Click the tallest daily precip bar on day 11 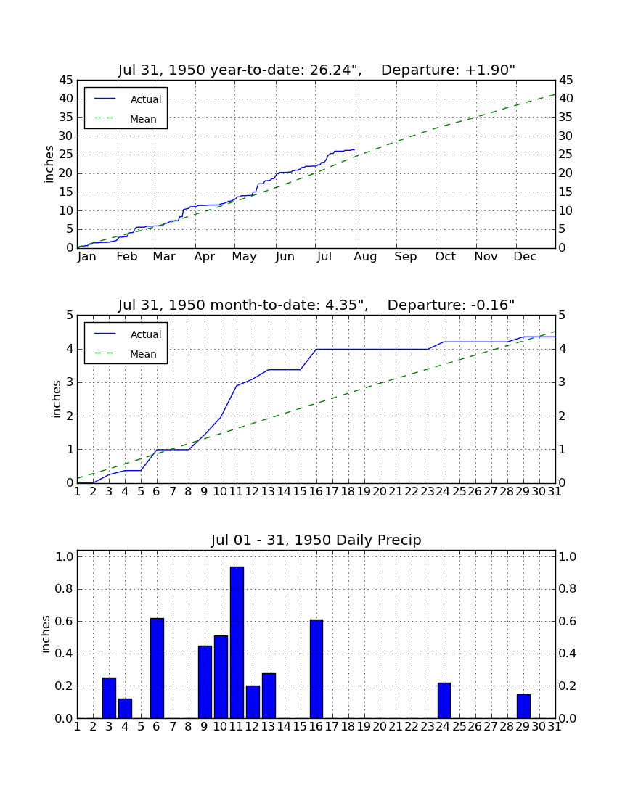click(x=237, y=642)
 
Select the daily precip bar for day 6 click(x=157, y=668)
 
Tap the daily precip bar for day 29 click(x=523, y=707)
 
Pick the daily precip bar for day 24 click(x=444, y=701)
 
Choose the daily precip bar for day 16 click(x=316, y=670)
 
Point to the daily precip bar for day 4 click(x=126, y=709)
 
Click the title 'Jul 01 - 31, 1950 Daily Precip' click(x=316, y=540)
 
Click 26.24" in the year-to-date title click(x=331, y=70)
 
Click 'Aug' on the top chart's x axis click(x=365, y=257)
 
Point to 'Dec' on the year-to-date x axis click(x=525, y=257)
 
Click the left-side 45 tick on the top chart click(x=66, y=81)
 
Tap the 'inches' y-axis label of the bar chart click(x=46, y=634)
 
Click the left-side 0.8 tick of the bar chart click(x=64, y=589)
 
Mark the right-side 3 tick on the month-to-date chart click(x=562, y=382)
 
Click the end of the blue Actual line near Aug click(x=354, y=149)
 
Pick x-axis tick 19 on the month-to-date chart click(x=364, y=492)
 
